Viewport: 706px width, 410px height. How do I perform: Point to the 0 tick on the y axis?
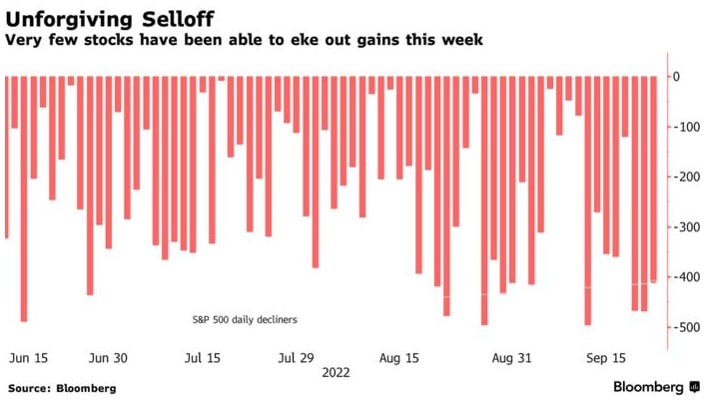click(x=676, y=77)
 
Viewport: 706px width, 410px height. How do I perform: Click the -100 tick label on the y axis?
click(x=683, y=128)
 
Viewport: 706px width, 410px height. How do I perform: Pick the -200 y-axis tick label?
click(x=683, y=178)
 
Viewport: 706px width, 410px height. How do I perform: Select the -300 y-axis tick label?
click(x=683, y=227)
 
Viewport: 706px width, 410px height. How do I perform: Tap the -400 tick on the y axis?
click(x=683, y=277)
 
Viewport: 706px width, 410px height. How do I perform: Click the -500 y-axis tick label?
click(x=683, y=327)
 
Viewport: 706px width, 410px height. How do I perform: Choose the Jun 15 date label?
click(x=27, y=356)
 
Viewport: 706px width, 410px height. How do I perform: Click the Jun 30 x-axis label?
click(x=108, y=356)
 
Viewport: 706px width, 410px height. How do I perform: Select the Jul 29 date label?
click(x=296, y=356)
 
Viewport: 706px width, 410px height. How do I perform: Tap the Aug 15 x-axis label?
click(x=399, y=356)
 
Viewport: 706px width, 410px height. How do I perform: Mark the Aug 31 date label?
click(x=511, y=356)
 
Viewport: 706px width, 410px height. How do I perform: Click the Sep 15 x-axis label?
click(x=606, y=356)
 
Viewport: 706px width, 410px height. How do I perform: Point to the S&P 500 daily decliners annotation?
click(x=245, y=320)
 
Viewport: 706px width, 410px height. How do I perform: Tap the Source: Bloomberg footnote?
click(x=62, y=388)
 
